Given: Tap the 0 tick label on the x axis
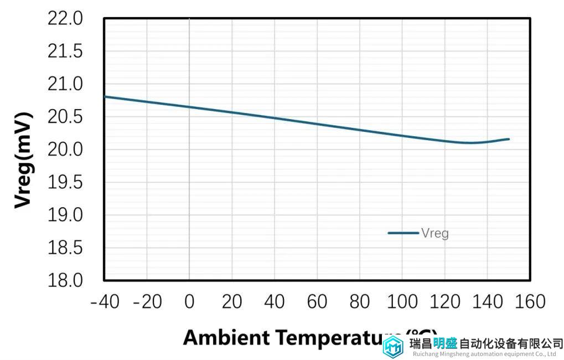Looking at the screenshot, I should (x=189, y=302).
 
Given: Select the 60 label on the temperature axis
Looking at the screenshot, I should (x=317, y=302).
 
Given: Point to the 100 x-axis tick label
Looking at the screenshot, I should (x=402, y=302).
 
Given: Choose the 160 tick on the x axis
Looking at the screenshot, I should (x=530, y=302).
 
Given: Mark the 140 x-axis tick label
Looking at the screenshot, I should (x=487, y=302).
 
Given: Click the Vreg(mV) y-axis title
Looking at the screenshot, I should (x=23, y=161).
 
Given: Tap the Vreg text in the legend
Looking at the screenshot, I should (x=435, y=233).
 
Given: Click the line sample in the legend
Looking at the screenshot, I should (x=403, y=233).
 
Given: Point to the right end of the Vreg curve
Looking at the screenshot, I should (x=509, y=139).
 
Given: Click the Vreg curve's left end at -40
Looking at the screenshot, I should (x=105, y=96).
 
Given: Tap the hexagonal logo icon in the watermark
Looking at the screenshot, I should (x=394, y=347).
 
